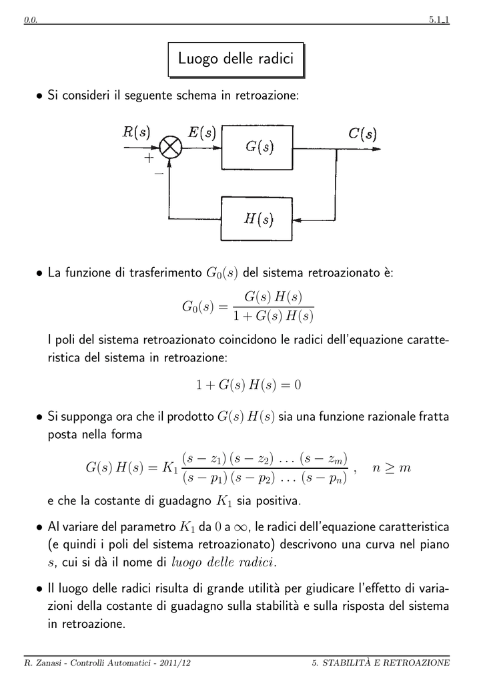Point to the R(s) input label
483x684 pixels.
[x=136, y=132]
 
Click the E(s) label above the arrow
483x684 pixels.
[x=202, y=132]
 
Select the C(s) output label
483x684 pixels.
[x=362, y=133]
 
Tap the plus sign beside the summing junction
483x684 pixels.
[x=149, y=158]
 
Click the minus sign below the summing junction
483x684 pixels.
[x=159, y=174]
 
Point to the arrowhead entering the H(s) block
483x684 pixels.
[x=297, y=220]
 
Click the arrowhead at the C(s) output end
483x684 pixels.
[x=376, y=149]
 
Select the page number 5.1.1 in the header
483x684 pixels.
[x=439, y=19]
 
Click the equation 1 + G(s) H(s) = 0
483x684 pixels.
[x=248, y=385]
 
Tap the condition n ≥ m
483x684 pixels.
[x=392, y=468]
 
